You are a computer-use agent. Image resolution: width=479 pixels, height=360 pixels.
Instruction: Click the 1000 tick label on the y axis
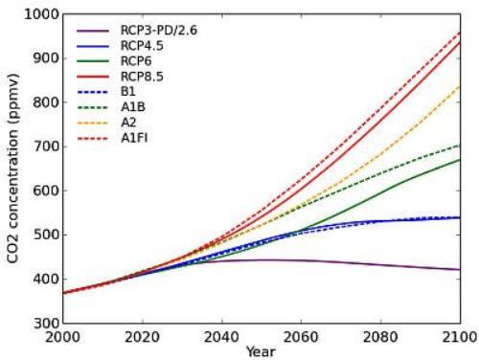click(42, 14)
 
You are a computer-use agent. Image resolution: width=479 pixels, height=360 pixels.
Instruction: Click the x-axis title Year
click(262, 351)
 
